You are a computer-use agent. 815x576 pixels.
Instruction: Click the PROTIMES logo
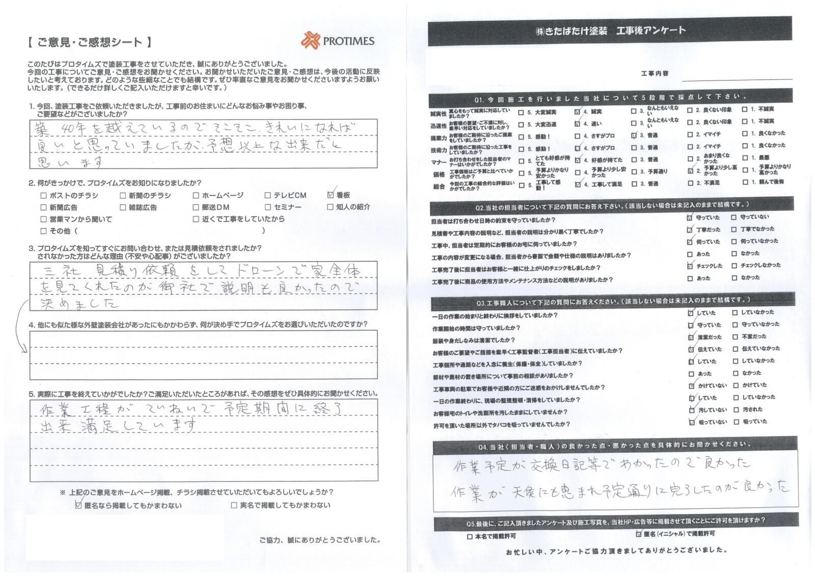pos(338,41)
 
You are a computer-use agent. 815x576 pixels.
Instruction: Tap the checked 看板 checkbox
pos(331,195)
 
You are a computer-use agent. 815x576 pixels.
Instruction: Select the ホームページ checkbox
pos(196,196)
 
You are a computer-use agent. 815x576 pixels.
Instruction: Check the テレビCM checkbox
pos(268,196)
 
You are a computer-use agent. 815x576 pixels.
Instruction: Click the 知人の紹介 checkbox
pos(331,207)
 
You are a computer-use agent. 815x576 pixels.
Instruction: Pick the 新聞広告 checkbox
pos(43,207)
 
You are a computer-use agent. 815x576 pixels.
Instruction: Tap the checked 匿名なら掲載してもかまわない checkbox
pos(78,505)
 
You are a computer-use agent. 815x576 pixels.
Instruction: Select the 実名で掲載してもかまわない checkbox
pos(234,505)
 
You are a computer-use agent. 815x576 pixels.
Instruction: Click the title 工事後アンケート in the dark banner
pos(651,31)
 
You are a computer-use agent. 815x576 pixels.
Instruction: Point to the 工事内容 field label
pos(655,74)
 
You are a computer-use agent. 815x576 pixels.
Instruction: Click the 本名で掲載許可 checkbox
pos(470,536)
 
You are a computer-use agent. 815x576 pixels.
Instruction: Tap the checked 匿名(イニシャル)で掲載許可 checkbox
pos(639,534)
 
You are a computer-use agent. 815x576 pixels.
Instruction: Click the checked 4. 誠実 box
pos(577,112)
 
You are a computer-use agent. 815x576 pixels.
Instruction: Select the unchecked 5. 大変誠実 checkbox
pos(521,113)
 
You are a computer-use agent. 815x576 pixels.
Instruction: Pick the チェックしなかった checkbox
pos(734,265)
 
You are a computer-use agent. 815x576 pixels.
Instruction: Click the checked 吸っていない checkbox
pos(691,422)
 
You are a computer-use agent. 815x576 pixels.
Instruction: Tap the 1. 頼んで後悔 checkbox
pos(745,182)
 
